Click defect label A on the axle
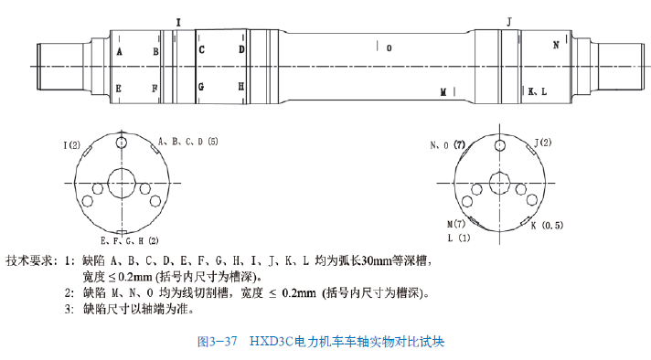(x=119, y=52)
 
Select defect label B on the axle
(x=155, y=52)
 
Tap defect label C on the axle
(x=201, y=49)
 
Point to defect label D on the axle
(x=241, y=49)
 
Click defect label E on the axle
(x=119, y=88)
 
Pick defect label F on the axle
(x=155, y=88)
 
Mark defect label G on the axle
(x=201, y=87)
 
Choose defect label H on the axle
(x=241, y=87)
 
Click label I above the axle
(x=178, y=20)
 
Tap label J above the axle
(x=508, y=20)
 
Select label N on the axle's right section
(x=555, y=43)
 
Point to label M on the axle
(x=443, y=92)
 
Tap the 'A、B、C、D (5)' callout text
(x=188, y=142)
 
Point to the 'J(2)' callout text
(x=542, y=143)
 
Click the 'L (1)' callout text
(x=458, y=238)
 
